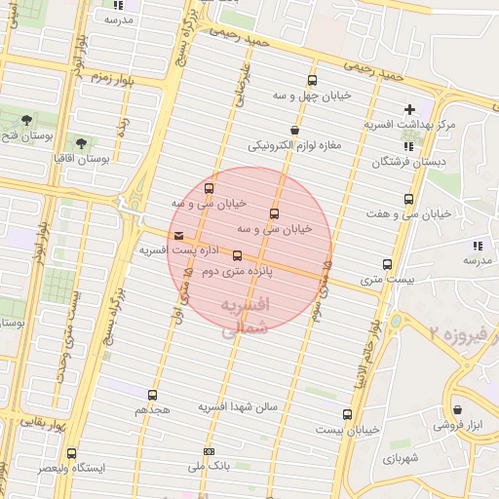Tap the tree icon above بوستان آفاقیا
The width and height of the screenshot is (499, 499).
pyautogui.click(x=80, y=142)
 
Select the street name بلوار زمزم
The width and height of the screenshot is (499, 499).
pyautogui.click(x=112, y=76)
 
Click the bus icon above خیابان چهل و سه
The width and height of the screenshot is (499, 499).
pyautogui.click(x=312, y=81)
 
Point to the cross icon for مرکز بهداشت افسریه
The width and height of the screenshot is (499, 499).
pyautogui.click(x=409, y=109)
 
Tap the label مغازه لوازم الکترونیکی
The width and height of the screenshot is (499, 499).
pyautogui.click(x=292, y=146)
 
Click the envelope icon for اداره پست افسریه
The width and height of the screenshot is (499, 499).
pyautogui.click(x=177, y=236)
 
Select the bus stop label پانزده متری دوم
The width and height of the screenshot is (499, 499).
pyautogui.click(x=237, y=272)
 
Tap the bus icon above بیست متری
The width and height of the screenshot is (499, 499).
pyautogui.click(x=388, y=264)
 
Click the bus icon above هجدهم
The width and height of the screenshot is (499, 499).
pyautogui.click(x=152, y=395)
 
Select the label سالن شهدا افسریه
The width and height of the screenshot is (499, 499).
pyautogui.click(x=239, y=405)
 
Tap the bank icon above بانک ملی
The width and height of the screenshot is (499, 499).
pyautogui.click(x=209, y=451)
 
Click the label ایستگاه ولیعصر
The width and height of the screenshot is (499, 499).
pyautogui.click(x=70, y=469)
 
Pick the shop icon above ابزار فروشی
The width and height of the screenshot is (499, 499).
pyautogui.click(x=457, y=408)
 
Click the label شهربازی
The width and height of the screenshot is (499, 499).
pyautogui.click(x=401, y=457)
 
